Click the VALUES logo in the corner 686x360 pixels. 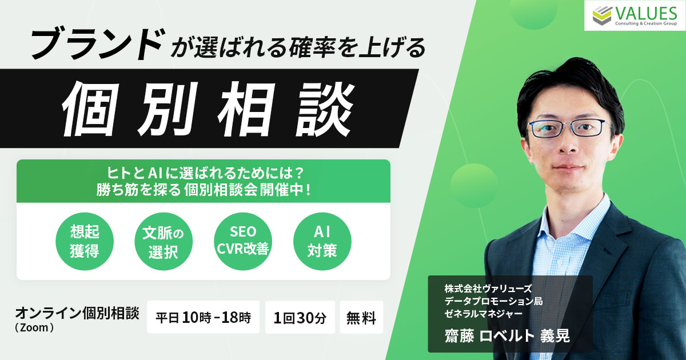635,15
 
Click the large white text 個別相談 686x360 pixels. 208,109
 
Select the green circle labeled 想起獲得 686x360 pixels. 85,241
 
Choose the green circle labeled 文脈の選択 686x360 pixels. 163,241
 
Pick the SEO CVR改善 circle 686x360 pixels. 243,241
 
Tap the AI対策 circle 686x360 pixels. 322,241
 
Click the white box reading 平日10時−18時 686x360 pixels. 204,317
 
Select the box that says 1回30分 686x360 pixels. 300,317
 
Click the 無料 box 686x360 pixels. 361,317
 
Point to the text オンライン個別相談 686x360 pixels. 77,314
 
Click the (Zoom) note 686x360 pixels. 34,327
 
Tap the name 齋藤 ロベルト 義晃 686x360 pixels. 507,335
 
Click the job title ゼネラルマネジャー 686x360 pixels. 484,314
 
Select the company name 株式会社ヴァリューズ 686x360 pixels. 488,289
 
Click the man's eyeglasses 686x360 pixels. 569,128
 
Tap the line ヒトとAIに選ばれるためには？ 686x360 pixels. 205,174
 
